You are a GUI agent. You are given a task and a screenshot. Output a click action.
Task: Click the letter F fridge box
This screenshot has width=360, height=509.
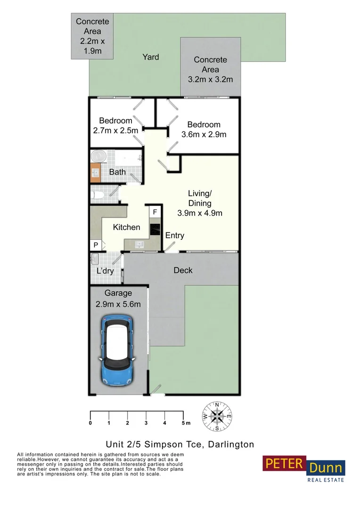155,213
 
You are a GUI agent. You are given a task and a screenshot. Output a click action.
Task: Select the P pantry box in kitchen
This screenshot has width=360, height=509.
96,245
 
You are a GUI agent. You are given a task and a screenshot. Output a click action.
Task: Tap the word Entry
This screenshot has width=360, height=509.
174,236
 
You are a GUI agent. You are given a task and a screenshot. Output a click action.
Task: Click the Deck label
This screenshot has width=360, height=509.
183,270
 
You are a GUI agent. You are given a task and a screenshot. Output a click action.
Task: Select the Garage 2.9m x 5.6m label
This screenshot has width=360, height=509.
118,299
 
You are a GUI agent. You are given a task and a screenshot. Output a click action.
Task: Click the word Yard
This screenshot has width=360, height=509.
151,57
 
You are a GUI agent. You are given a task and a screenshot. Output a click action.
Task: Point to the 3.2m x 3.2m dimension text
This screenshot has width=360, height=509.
211,80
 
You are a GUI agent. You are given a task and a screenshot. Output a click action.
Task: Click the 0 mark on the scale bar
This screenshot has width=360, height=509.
90,423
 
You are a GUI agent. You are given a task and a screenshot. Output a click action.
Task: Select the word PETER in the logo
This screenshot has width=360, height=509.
284,464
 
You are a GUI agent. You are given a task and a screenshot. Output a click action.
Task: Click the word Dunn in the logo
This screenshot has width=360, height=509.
326,468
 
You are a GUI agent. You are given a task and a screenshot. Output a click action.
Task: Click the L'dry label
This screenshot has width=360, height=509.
105,271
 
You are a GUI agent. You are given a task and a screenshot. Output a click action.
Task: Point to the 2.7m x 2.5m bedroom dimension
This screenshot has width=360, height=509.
115,131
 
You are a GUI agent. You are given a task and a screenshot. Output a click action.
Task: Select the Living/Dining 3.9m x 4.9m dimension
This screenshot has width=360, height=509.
200,213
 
